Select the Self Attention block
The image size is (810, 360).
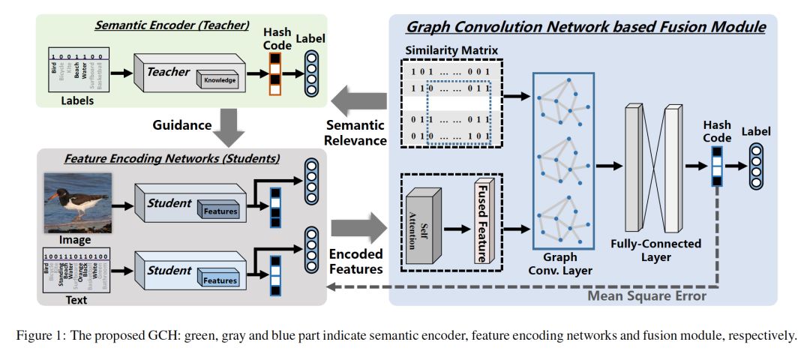click(422, 224)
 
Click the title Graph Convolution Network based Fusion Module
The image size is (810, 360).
click(585, 28)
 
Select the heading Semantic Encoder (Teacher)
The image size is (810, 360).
click(171, 25)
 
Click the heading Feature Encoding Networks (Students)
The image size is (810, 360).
click(172, 158)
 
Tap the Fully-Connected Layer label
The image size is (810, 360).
click(655, 250)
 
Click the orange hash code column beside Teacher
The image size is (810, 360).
click(274, 73)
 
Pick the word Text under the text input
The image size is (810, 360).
click(75, 300)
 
